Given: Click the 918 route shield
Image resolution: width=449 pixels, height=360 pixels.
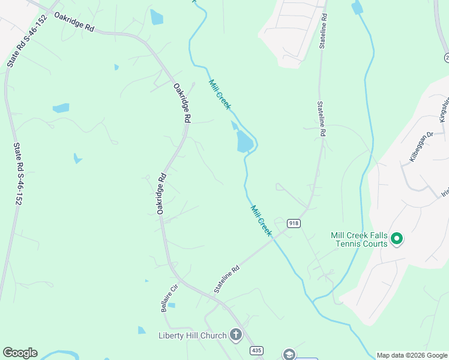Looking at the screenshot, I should [294, 223].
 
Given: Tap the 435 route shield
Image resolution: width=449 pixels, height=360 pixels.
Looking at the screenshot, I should [257, 350].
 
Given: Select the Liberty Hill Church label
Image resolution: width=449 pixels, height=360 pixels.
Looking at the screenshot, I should [193, 335].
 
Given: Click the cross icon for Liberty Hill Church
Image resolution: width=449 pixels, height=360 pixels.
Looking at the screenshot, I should [237, 335].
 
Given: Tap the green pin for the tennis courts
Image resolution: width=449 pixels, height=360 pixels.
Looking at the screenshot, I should [396, 239].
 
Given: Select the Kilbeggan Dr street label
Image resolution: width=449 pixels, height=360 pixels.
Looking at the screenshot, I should [421, 148].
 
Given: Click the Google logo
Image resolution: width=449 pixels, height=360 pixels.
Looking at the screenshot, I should [20, 353].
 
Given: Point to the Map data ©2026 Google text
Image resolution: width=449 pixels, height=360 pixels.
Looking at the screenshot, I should [411, 355].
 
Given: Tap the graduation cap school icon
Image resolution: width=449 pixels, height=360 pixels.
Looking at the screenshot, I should [289, 354].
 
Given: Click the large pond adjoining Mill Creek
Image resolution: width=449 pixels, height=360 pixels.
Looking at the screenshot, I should [244, 142].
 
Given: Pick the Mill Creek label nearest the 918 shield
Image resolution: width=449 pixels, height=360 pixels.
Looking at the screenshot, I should [261, 220].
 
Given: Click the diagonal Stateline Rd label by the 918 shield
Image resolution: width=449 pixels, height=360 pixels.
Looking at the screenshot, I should [227, 280].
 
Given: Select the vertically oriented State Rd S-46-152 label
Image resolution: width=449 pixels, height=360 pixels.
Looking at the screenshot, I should [17, 175].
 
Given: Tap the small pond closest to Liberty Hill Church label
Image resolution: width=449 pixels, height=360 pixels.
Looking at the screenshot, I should [142, 330].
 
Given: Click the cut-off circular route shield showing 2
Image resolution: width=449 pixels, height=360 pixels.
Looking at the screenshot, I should [446, 58].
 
